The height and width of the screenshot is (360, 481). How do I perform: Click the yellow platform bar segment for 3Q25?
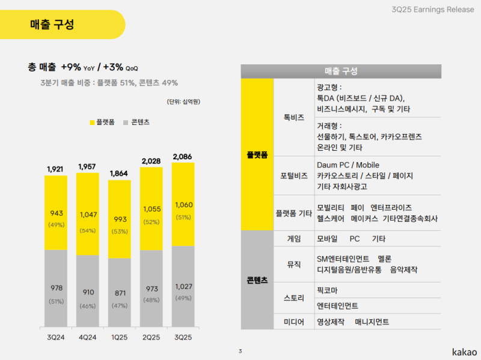click(183, 204)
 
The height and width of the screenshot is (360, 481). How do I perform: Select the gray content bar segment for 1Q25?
click(119, 292)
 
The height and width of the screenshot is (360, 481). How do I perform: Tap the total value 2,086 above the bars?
click(183, 157)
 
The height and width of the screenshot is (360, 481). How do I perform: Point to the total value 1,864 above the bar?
click(119, 174)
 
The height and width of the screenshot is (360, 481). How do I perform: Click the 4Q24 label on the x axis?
click(87, 337)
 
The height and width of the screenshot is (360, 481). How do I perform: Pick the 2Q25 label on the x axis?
click(151, 337)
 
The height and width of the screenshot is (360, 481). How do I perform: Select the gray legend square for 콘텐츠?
click(126, 122)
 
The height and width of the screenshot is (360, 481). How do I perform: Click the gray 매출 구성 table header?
click(341, 71)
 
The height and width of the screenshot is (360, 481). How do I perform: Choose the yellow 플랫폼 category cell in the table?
click(257, 154)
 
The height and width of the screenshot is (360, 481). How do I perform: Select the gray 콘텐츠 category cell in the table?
click(257, 280)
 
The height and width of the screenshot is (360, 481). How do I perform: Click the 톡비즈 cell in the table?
click(294, 117)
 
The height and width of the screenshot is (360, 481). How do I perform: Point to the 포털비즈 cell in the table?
click(294, 175)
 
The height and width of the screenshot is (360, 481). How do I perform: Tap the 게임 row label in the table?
click(294, 239)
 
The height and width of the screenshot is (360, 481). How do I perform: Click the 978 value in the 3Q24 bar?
click(56, 288)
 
